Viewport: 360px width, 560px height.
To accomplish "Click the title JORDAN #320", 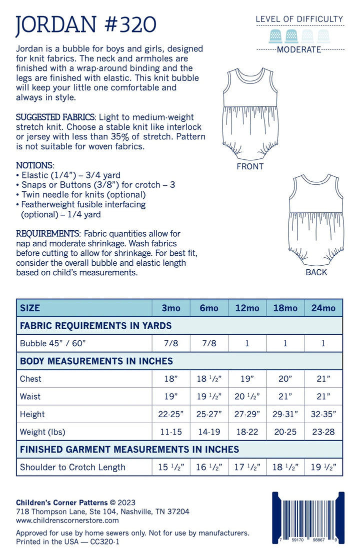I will pyautogui.click(x=86, y=24).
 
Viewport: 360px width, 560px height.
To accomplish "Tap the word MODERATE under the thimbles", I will pyautogui.click(x=299, y=49).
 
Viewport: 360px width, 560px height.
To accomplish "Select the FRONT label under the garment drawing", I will pyautogui.click(x=250, y=167).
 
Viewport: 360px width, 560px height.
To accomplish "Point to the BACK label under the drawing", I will pyautogui.click(x=316, y=272).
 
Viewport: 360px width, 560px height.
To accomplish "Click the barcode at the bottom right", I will pyautogui.click(x=308, y=519).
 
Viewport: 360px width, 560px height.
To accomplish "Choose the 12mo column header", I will pyautogui.click(x=247, y=308).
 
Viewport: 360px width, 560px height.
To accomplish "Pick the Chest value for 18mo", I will pyautogui.click(x=285, y=379).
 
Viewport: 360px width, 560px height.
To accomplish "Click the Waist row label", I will pyautogui.click(x=30, y=397).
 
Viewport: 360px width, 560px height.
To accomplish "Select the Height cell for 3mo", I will pyautogui.click(x=171, y=414).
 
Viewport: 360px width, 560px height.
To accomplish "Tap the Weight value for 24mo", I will pyautogui.click(x=323, y=432).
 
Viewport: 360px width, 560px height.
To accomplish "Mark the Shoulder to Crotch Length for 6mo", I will pyautogui.click(x=209, y=468).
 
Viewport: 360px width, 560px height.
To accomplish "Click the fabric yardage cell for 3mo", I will pyautogui.click(x=171, y=344).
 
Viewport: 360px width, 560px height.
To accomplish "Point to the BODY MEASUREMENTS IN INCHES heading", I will pyautogui.click(x=96, y=361).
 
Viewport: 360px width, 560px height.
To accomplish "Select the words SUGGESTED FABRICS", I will pyautogui.click(x=55, y=117).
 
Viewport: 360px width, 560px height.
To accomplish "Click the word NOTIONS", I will pyautogui.click(x=34, y=165).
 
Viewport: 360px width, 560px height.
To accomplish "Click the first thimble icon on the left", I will pyautogui.click(x=275, y=35).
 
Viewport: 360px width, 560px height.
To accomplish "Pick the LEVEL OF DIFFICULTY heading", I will pyautogui.click(x=299, y=19).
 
